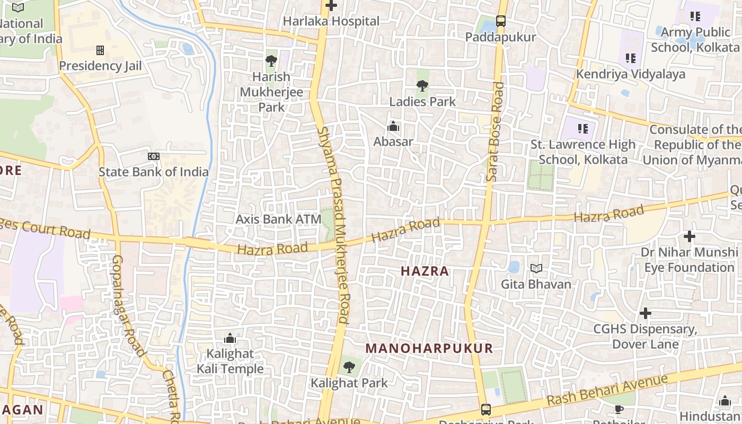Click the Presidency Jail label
(x=100, y=66)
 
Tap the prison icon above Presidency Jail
(x=100, y=50)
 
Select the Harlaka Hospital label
(x=331, y=21)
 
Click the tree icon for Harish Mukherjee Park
(x=271, y=61)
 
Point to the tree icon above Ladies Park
(x=422, y=85)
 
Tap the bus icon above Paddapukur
(x=501, y=21)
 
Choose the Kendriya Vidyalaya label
(x=631, y=74)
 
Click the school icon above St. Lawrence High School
(x=583, y=128)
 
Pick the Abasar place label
(x=393, y=142)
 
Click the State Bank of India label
(x=154, y=172)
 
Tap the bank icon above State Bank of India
(x=154, y=156)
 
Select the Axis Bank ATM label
(x=279, y=219)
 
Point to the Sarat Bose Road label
(x=494, y=131)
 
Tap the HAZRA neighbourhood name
(x=425, y=271)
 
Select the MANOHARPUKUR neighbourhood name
(x=429, y=348)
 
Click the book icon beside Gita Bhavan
(x=536, y=269)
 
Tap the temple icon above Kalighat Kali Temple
(x=230, y=338)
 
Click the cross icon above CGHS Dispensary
(x=645, y=313)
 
